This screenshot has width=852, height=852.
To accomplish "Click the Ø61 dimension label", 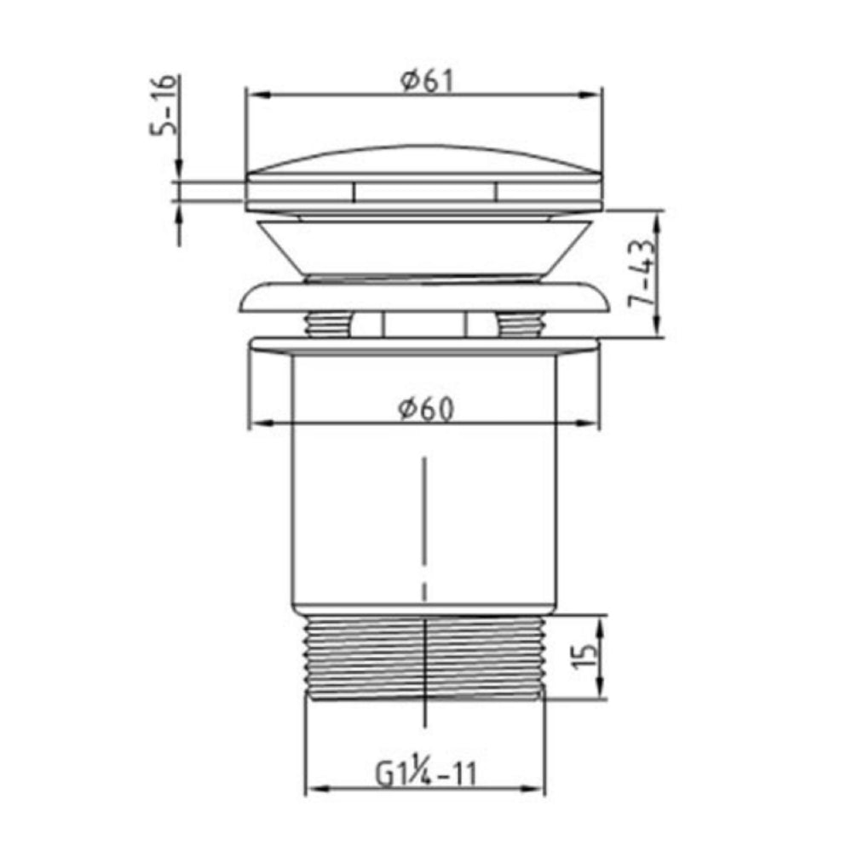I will click(423, 80).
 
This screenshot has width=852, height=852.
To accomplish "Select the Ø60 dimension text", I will click(423, 409).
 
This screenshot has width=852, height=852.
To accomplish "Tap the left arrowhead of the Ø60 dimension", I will click(256, 423).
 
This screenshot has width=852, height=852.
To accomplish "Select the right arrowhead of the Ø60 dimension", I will click(590, 423).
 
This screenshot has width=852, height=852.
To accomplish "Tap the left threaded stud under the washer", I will click(328, 325).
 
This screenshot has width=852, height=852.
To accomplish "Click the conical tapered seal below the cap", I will click(423, 247).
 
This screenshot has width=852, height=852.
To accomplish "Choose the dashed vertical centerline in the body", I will click(423, 528).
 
